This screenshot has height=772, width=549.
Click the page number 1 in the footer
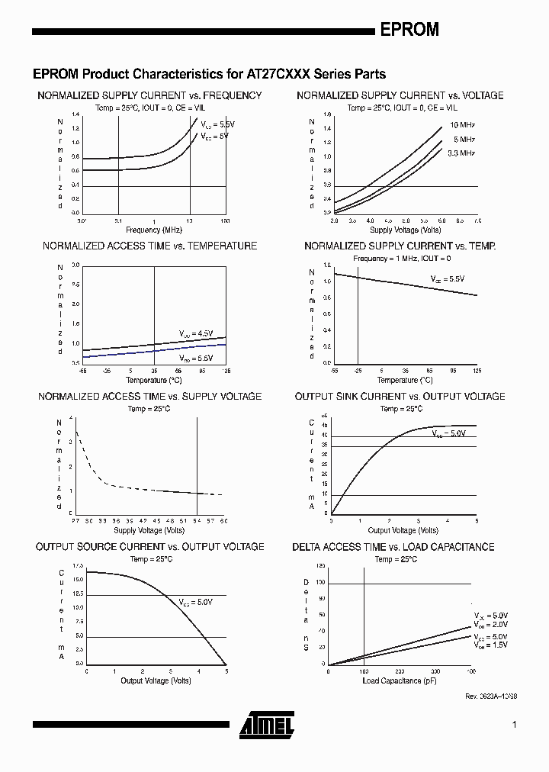click(x=515, y=725)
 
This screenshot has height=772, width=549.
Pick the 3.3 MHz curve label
click(x=461, y=153)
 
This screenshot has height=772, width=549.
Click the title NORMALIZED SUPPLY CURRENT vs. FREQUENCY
click(x=149, y=96)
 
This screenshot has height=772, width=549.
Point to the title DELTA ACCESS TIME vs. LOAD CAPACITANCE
click(x=393, y=547)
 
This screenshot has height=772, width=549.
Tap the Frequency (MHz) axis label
click(x=153, y=230)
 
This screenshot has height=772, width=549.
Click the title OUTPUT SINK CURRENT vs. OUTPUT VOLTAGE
click(x=400, y=397)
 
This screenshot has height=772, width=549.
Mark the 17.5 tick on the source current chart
click(x=77, y=565)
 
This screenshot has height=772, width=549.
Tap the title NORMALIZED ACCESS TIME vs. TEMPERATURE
click(x=149, y=246)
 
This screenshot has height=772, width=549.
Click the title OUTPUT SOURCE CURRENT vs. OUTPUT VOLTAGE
click(x=149, y=547)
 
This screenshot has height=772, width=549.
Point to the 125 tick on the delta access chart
click(x=320, y=565)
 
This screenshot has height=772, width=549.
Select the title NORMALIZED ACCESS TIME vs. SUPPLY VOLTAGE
click(x=149, y=397)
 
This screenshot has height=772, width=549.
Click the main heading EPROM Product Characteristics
click(x=209, y=75)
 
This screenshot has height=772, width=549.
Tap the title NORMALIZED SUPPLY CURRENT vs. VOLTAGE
click(x=400, y=96)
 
